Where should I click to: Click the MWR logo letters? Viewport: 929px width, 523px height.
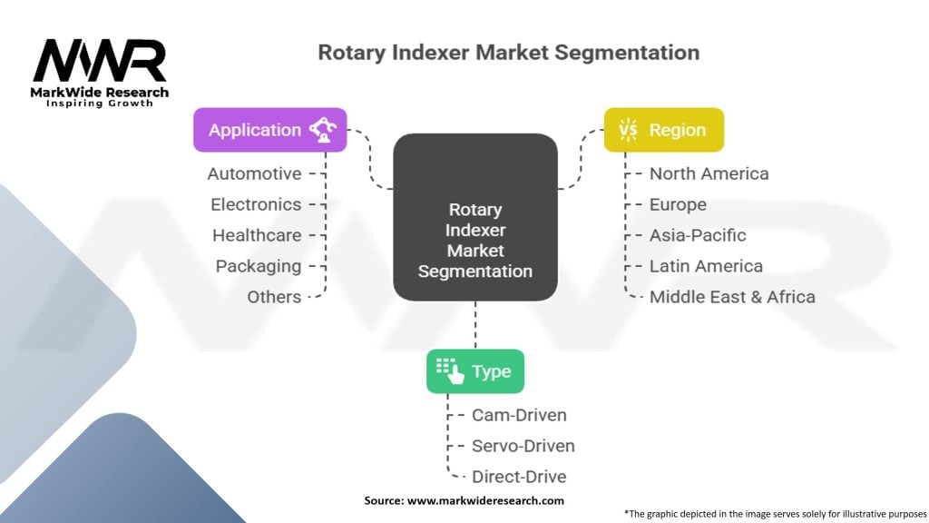[x=100, y=61]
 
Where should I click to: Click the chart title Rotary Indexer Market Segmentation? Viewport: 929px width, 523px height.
[x=508, y=53]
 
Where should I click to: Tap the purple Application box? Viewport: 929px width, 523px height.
[x=269, y=130]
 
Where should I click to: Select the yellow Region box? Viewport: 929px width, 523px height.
[x=664, y=130]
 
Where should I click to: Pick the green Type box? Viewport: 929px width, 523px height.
[x=475, y=371]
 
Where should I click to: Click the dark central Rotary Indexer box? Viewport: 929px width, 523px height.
[x=474, y=218]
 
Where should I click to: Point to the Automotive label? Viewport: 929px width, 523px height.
[x=254, y=173]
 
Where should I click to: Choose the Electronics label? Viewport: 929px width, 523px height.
[x=256, y=204]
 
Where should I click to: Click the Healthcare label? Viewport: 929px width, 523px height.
[x=257, y=235]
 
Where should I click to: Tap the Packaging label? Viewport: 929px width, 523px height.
[x=259, y=266]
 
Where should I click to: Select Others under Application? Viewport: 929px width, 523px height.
[x=274, y=297]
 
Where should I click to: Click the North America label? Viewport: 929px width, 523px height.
[x=709, y=173]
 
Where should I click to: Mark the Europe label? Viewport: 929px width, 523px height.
[x=678, y=204]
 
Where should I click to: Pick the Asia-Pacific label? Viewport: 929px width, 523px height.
[x=698, y=235]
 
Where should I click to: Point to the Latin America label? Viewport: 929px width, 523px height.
[x=706, y=266]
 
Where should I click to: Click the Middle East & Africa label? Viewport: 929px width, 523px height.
[x=732, y=297]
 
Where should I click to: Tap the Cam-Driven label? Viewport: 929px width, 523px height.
[x=519, y=415]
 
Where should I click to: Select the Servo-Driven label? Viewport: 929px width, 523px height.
[x=523, y=446]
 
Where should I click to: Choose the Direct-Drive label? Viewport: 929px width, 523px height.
[x=519, y=477]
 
